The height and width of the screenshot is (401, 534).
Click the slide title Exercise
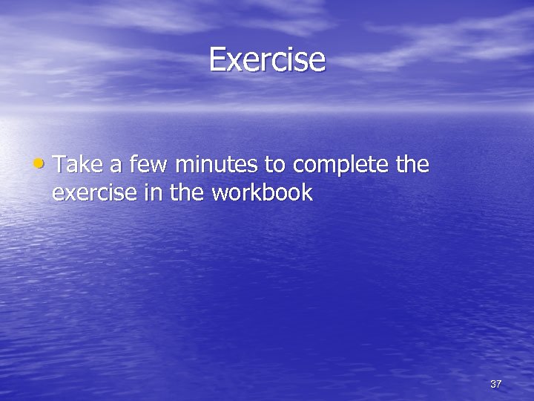click(x=267, y=59)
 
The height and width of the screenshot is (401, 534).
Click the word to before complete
click(x=274, y=165)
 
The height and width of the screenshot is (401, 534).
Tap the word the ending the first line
click(x=412, y=164)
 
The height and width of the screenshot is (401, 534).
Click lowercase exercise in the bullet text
click(x=89, y=194)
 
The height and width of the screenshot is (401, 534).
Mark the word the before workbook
click(x=179, y=193)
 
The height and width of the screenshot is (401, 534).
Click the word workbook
click(x=262, y=193)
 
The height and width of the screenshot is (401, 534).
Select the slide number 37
click(x=495, y=384)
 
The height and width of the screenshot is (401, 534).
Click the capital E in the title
click(x=217, y=59)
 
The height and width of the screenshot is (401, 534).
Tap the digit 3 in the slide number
click(x=492, y=384)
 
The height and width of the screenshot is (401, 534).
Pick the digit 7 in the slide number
click(x=499, y=384)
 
